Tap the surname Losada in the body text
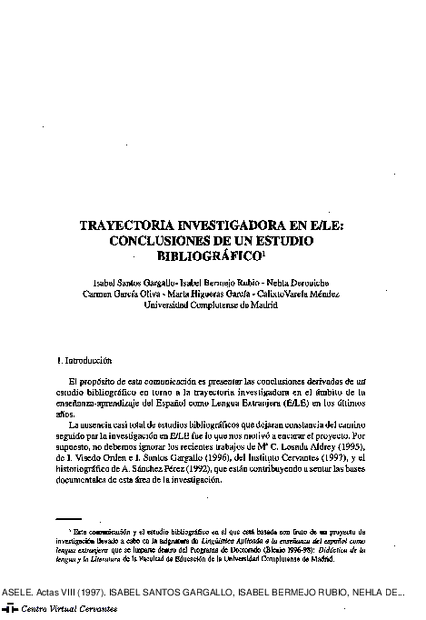pos(317,448)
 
